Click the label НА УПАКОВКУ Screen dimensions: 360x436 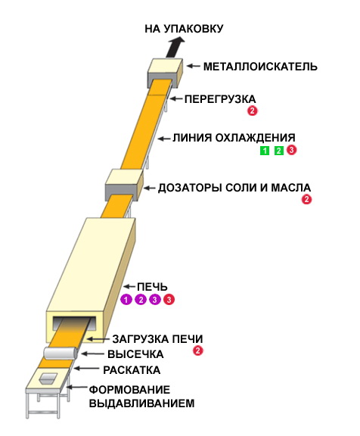pos(184,29)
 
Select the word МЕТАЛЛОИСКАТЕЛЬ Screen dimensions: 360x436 pos(260,67)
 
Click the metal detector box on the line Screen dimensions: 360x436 pos(165,73)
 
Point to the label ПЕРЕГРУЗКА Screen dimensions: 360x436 pos(220,99)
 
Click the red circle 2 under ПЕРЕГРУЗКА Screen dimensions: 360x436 pos(253,111)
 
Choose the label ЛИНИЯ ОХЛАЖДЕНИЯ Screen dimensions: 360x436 pos(234,138)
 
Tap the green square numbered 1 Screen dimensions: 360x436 pos(265,151)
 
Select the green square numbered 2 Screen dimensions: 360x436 pos(278,151)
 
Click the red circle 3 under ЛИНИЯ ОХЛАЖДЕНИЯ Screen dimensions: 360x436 pos(291,150)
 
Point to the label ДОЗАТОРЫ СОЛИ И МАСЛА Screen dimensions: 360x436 pos(234,188)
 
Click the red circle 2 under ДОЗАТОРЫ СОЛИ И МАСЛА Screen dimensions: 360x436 pos(306,199)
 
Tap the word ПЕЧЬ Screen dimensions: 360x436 pos(152,287)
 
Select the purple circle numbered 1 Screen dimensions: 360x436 pos(126,300)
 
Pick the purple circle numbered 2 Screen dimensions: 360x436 pos(141,300)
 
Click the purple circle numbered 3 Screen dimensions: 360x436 pos(155,300)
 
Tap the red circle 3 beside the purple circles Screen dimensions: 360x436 pos(169,300)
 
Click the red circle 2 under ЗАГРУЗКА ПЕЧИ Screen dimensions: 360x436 pos(198,350)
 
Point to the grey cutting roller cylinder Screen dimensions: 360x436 pos(61,353)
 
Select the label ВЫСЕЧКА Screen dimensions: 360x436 pos(135,354)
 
